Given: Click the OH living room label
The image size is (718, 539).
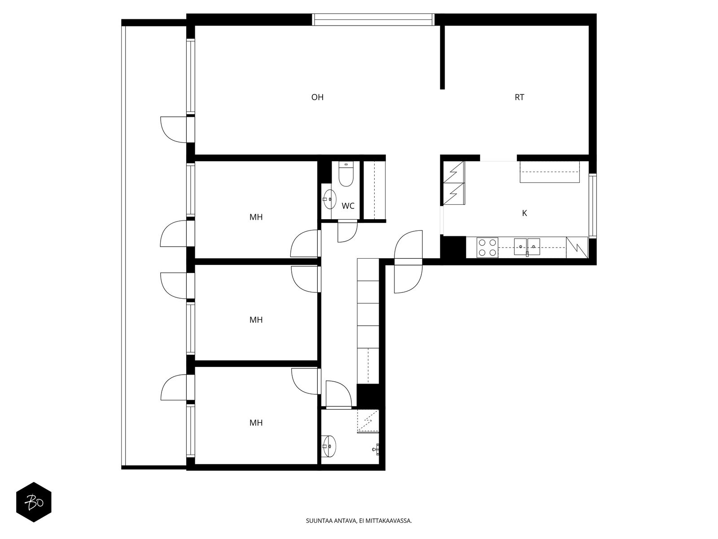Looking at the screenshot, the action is click(x=317, y=97).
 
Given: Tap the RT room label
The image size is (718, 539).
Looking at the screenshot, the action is click(x=520, y=97).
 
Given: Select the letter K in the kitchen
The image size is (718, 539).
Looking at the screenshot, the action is click(x=524, y=213).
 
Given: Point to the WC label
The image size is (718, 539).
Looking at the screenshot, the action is click(x=348, y=206).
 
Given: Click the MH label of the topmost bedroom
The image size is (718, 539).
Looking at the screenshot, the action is click(x=256, y=217).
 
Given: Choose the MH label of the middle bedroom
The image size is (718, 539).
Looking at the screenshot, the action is click(x=256, y=320).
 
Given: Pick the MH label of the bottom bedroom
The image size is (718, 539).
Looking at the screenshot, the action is click(x=256, y=423).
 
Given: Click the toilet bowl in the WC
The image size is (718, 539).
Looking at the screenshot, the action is click(x=346, y=174).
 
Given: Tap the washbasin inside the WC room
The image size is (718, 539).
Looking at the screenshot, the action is click(x=329, y=199).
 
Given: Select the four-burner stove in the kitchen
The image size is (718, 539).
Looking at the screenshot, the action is click(x=487, y=247).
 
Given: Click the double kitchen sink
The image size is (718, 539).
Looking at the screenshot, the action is click(x=527, y=247).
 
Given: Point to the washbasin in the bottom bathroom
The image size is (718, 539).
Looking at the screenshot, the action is click(x=329, y=446).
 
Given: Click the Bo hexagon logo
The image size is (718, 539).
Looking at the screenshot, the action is click(x=34, y=502).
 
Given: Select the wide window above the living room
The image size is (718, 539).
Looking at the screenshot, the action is click(x=373, y=20).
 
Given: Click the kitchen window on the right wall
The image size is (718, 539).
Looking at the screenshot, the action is click(x=593, y=206).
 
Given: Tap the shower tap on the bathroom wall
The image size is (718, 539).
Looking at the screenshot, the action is click(x=377, y=450).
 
